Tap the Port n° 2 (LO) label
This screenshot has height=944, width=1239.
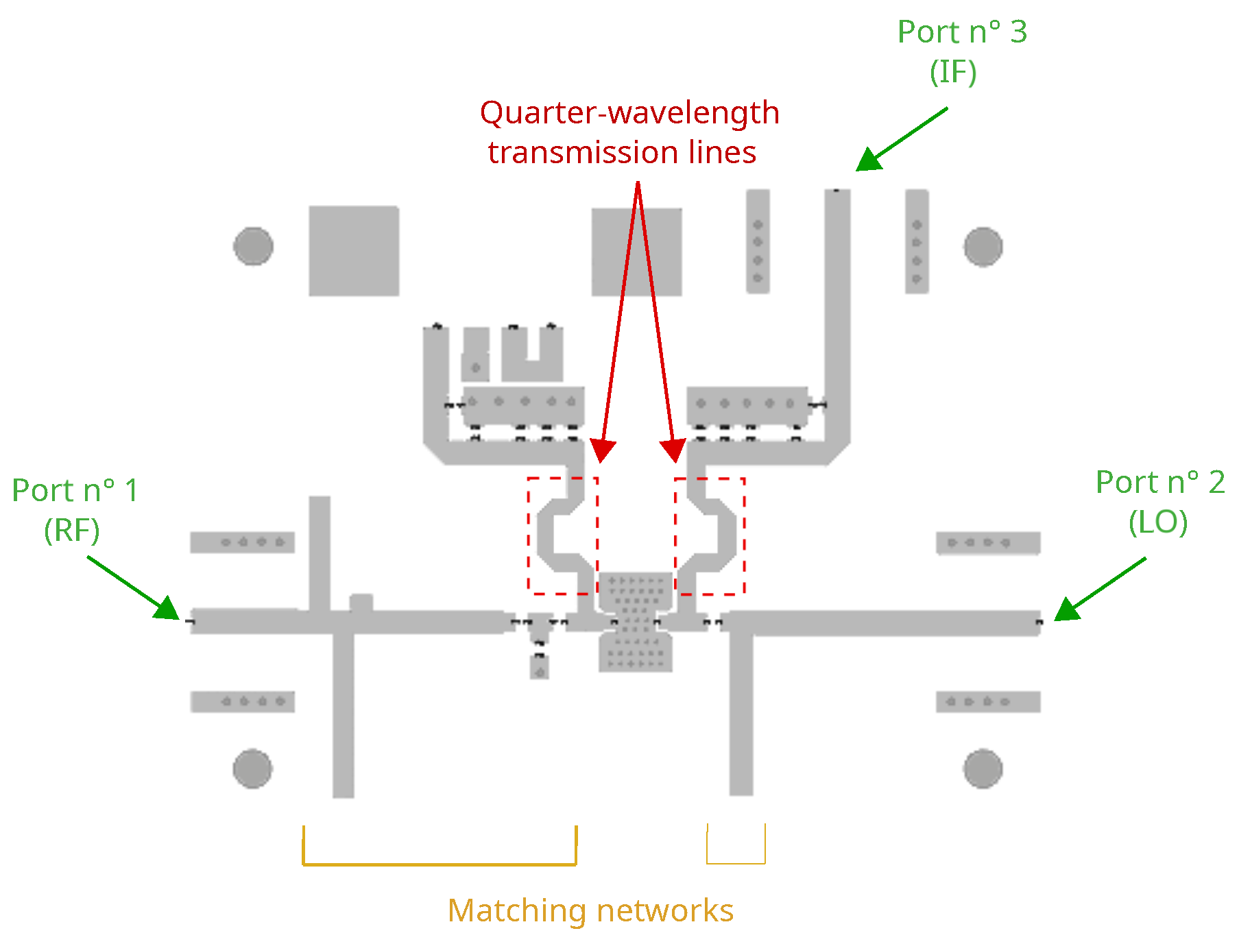click(1159, 502)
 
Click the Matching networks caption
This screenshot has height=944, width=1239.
click(590, 910)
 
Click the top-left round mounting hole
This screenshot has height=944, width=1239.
click(253, 246)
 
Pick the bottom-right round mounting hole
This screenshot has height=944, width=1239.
click(983, 768)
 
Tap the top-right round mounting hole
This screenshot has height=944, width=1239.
click(983, 246)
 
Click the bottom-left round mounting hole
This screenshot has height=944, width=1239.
click(252, 768)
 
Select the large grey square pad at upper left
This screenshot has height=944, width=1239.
click(354, 251)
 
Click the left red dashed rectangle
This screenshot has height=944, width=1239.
click(529, 535)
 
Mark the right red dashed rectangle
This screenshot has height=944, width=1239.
click(744, 535)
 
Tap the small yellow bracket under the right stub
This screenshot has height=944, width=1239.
click(736, 862)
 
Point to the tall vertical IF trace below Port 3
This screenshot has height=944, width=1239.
click(837, 308)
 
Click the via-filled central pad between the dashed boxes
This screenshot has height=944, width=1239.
click(636, 620)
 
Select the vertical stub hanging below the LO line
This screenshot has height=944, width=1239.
click(741, 713)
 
